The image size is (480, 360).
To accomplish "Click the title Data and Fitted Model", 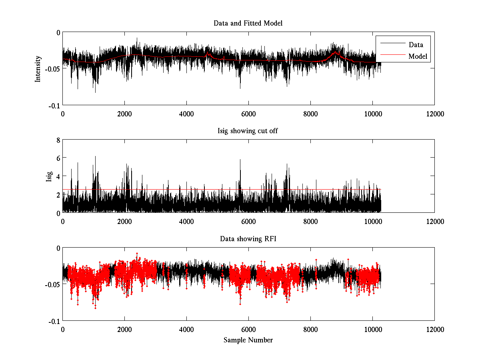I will [248, 23].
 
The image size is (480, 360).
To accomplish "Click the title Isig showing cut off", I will [248, 131].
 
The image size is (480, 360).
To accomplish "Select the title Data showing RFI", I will [248, 239].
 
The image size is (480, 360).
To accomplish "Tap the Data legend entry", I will [416, 45].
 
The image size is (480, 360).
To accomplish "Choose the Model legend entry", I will [418, 56].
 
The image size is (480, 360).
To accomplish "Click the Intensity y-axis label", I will [38, 68].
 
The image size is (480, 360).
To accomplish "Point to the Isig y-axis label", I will [49, 176].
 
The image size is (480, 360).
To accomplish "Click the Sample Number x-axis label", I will [248, 340].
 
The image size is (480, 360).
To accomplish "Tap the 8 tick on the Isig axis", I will [58, 140].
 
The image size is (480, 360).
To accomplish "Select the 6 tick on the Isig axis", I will [58, 158].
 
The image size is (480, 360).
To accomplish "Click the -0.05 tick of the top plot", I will [52, 69].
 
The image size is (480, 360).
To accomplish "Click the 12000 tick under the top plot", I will [434, 114].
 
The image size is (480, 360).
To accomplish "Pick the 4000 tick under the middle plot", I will [186, 221].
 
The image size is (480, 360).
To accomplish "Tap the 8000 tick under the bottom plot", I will [310, 329].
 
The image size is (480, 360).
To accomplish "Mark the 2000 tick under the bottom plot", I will [124, 329].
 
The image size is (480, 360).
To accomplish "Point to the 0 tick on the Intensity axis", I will [58, 32].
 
